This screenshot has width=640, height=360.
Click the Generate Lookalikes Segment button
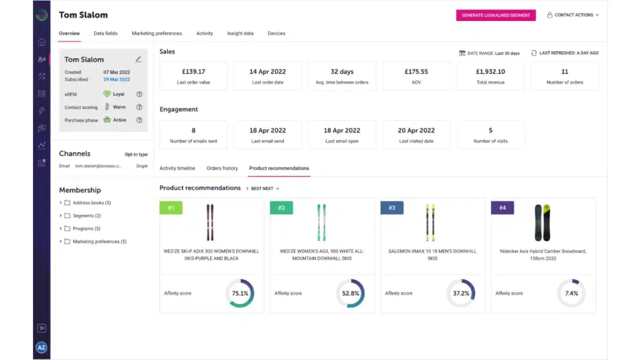(495, 15)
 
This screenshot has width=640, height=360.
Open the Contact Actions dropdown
(573, 15)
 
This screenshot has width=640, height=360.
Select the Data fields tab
(106, 33)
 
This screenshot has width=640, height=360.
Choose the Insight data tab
(241, 33)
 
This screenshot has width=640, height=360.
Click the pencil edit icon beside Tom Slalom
(139, 59)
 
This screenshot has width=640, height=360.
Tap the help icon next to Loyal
(139, 94)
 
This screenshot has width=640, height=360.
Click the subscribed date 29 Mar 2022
(117, 79)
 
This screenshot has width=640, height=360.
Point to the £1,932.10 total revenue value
(490, 71)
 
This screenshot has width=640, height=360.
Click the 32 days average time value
(342, 71)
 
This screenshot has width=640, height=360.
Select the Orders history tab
(222, 169)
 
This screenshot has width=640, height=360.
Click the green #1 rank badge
(171, 207)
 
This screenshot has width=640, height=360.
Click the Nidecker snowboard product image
(542, 222)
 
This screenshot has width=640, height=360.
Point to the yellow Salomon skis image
(430, 222)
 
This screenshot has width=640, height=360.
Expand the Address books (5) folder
(61, 203)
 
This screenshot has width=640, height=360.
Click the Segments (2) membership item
(86, 215)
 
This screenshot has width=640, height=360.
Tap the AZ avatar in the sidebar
(42, 347)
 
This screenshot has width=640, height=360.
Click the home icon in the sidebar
(42, 42)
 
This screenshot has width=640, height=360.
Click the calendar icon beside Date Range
(462, 53)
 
